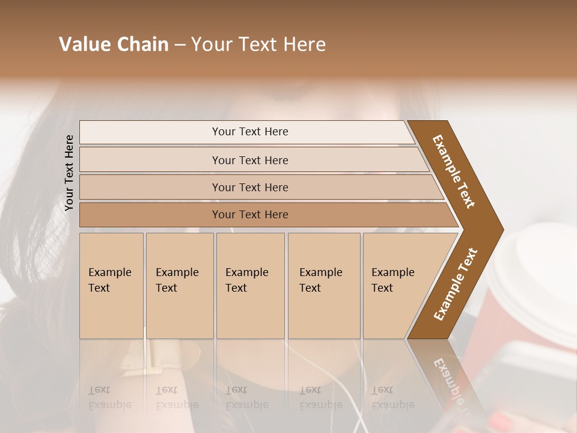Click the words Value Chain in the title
point(114,45)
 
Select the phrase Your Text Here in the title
point(258,45)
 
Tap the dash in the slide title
point(180,45)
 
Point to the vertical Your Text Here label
point(69,173)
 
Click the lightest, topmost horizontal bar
point(246,132)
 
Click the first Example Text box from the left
point(111,286)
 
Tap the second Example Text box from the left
point(179,286)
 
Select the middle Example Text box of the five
point(250,286)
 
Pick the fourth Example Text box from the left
point(323,286)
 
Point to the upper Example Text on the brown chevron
point(454,171)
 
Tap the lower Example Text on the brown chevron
point(456,284)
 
